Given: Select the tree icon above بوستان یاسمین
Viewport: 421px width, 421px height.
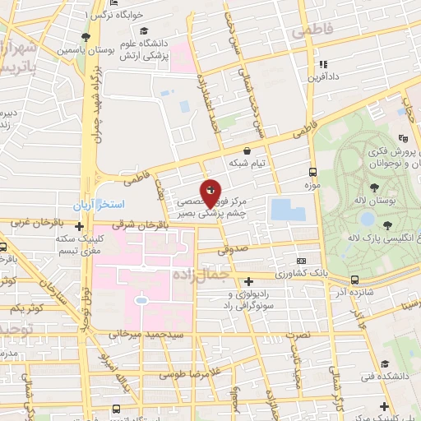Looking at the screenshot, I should point(86,37).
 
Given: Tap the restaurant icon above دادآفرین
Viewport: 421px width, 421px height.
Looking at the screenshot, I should point(323,63).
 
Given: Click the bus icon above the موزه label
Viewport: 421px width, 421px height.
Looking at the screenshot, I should point(312,173).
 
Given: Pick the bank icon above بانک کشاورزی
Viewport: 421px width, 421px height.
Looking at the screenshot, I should point(300,259).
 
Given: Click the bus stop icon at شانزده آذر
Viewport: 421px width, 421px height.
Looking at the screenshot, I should point(354,280).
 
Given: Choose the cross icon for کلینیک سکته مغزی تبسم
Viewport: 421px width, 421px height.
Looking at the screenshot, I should point(79,226).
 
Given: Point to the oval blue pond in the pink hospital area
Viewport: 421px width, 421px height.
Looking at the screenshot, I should point(141,302).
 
